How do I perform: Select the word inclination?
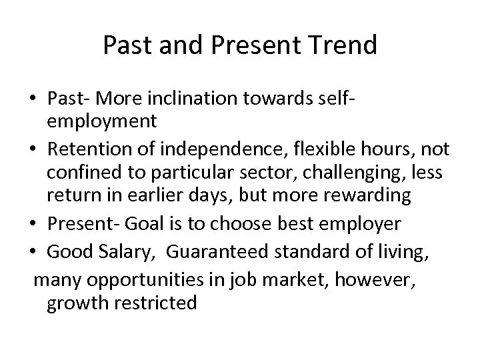tap(186, 99)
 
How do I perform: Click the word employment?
tap(101, 121)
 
